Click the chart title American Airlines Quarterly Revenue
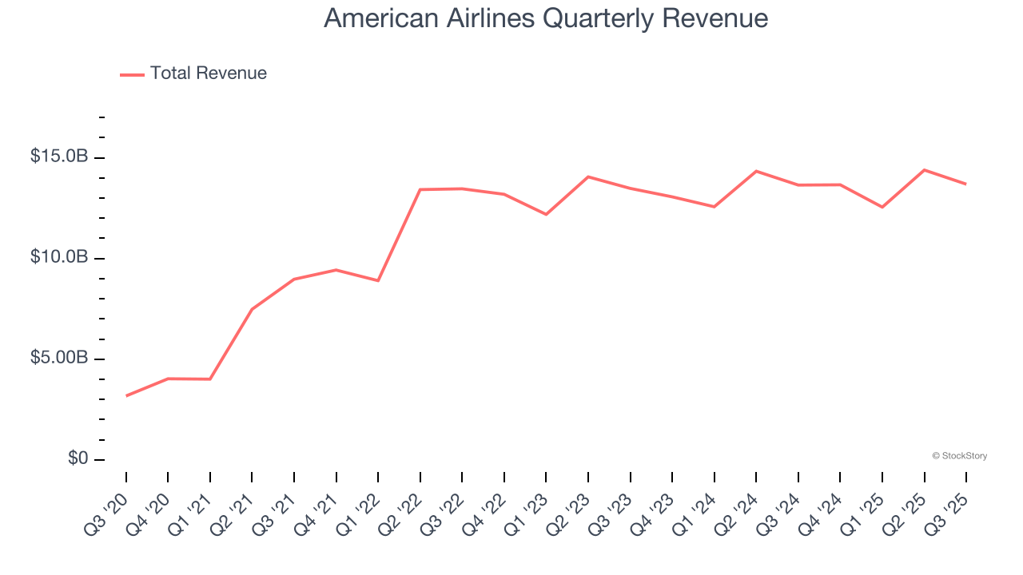click(x=546, y=18)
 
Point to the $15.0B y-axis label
click(x=59, y=157)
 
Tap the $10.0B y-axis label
click(x=59, y=257)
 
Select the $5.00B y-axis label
click(x=59, y=358)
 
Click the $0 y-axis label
click(x=77, y=458)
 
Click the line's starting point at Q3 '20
click(x=126, y=395)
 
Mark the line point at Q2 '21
click(x=252, y=309)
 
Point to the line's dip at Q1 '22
click(x=378, y=280)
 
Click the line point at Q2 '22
click(x=420, y=189)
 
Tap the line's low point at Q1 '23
click(x=546, y=214)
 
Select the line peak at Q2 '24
click(x=756, y=171)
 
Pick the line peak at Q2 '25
click(x=925, y=170)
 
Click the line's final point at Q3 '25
click(x=966, y=184)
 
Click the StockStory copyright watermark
click(x=959, y=456)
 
